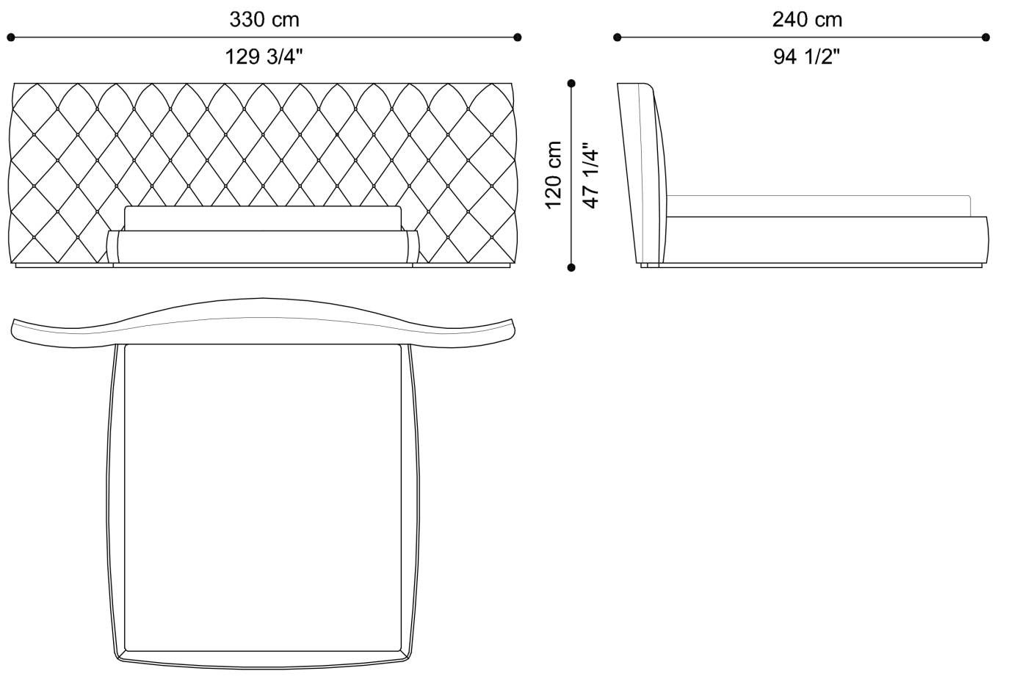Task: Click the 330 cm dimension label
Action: (264, 19)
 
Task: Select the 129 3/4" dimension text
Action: (264, 57)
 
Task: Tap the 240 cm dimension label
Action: (806, 19)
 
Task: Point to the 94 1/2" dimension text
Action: (806, 57)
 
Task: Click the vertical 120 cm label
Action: (554, 175)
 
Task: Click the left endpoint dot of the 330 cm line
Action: (10, 37)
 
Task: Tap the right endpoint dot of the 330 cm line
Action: (518, 37)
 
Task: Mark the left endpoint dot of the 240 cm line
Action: (618, 37)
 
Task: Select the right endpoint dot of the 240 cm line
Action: (985, 37)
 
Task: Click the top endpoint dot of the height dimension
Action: (571, 84)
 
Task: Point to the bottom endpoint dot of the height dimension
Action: (571, 268)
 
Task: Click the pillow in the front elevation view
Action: (263, 218)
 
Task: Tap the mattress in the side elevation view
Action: (819, 206)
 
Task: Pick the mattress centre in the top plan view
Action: (263, 498)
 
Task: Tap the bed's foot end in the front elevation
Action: (263, 247)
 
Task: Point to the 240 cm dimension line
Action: (734, 37)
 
